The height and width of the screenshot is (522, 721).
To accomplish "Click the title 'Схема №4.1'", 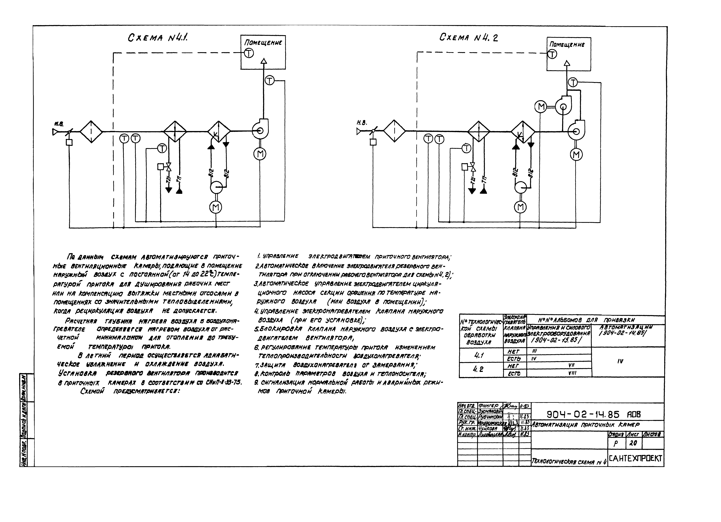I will (x=158, y=38).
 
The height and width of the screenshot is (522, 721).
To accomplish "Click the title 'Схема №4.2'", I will (x=469, y=38).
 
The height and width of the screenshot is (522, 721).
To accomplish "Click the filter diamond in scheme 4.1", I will (x=91, y=131).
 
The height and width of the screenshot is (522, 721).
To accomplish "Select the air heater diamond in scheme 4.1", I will (x=175, y=131).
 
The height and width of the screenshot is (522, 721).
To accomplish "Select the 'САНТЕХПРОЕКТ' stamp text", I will (x=636, y=458).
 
